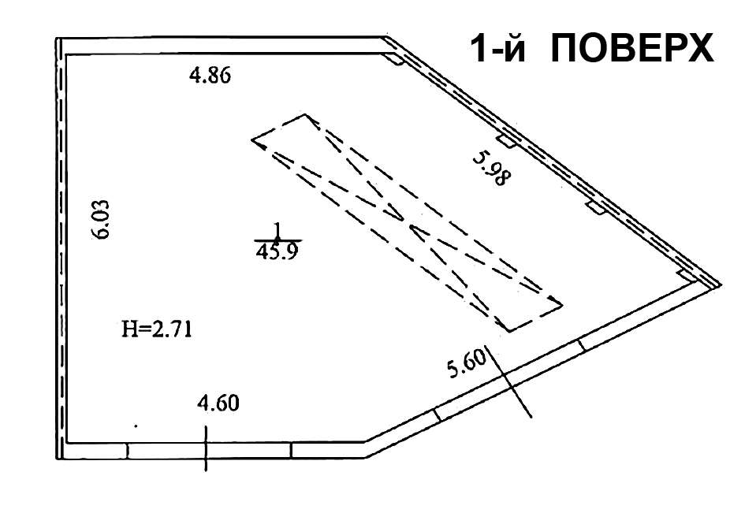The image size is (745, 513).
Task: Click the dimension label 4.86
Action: pos(210,75)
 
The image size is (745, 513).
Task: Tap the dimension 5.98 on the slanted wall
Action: pos(491,168)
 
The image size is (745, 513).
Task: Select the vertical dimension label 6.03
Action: pos(102,219)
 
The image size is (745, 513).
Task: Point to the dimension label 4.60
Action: pos(218,403)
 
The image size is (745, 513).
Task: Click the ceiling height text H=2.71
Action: pos(157,329)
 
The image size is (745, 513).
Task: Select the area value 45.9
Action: pos(277,251)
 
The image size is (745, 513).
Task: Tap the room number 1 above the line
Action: pos(277,231)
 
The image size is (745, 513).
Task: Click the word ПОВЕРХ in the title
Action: pos(632,48)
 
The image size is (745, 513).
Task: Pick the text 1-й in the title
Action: pos(498,48)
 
